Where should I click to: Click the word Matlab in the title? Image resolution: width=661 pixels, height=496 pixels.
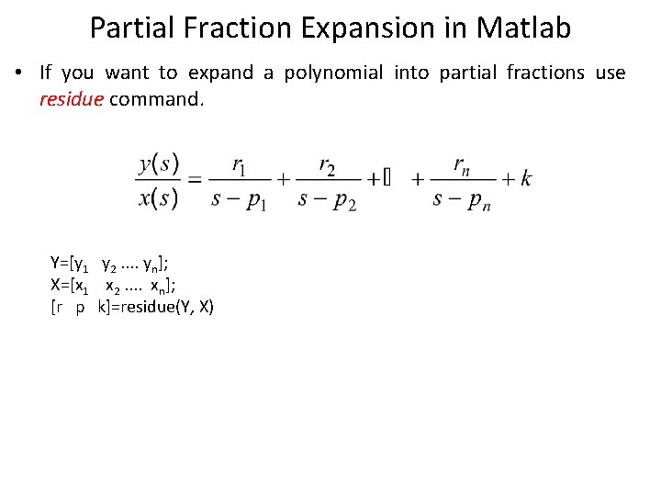click(523, 28)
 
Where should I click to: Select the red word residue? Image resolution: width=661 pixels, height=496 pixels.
click(72, 98)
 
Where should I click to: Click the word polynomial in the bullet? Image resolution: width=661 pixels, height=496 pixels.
click(333, 73)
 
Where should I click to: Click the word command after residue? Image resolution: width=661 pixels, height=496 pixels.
click(155, 98)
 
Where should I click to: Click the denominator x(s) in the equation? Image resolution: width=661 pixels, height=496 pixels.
click(158, 197)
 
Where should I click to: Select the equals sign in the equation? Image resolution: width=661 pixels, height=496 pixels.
click(194, 180)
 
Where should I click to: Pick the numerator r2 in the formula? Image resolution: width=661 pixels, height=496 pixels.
click(327, 165)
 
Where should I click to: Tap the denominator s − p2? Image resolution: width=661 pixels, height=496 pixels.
click(327, 198)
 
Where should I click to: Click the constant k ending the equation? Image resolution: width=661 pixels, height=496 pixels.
click(525, 179)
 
